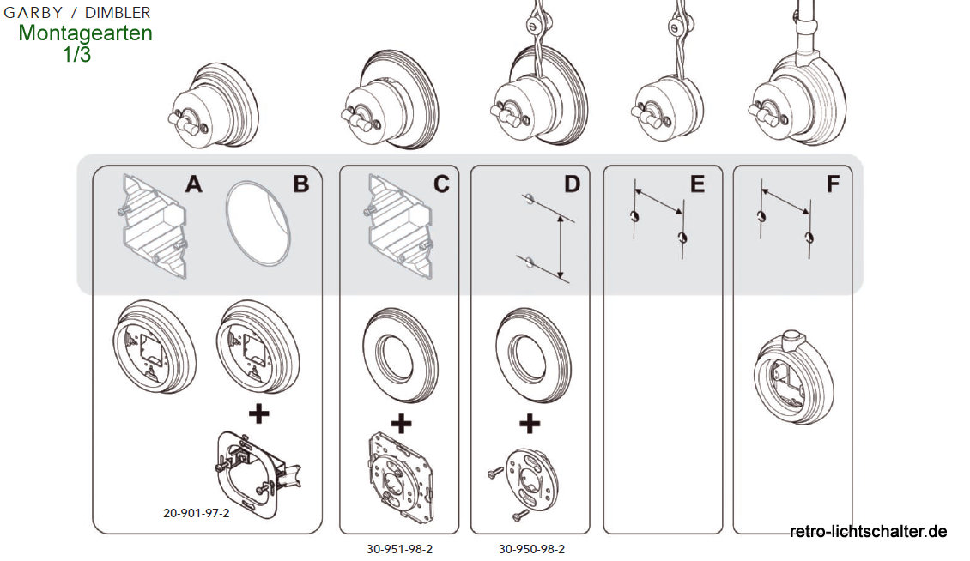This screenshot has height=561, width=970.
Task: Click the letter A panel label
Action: [194, 184]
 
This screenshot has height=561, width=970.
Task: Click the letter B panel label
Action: [300, 184]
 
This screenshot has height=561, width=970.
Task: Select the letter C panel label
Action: [440, 184]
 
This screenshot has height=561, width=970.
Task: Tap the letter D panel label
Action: [572, 184]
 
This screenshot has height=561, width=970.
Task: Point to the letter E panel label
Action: [696, 184]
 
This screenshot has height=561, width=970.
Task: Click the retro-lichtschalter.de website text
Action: [868, 532]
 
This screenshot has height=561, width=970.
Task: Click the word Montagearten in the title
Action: [85, 33]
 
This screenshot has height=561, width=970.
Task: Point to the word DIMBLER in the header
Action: [118, 12]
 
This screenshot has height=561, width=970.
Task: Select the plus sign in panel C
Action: [400, 423]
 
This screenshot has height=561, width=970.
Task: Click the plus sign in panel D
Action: [530, 423]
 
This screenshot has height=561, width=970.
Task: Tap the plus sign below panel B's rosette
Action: [258, 414]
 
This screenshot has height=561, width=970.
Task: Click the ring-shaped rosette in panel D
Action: [531, 351]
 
